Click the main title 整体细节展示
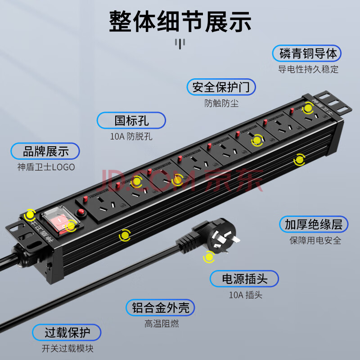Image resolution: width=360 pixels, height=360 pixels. [x=180, y=21]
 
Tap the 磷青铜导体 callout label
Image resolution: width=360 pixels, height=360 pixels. [x=307, y=53]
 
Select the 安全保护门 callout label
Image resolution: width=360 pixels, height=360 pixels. [x=221, y=87]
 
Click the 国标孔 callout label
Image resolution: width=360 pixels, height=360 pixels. [x=131, y=121]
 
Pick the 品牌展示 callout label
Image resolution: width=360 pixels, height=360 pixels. [x=45, y=151]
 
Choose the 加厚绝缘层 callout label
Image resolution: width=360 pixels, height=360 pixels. [x=314, y=224]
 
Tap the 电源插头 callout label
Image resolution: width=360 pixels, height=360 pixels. [x=244, y=279]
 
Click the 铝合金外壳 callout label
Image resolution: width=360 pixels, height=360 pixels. [x=160, y=308]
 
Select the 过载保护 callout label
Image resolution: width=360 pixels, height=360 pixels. [x=67, y=333]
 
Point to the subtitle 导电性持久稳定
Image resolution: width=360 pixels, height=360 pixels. [x=308, y=69]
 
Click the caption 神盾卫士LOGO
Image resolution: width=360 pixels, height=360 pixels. [x=46, y=167]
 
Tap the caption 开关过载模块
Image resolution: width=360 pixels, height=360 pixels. [x=67, y=348]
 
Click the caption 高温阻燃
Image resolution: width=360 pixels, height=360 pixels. [x=162, y=324]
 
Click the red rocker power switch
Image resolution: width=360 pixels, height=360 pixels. [x=60, y=221]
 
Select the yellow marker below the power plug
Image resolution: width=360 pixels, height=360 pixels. [x=209, y=257]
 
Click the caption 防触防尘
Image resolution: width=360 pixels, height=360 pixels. [x=221, y=103]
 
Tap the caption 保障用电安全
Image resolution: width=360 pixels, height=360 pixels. [x=315, y=240]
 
